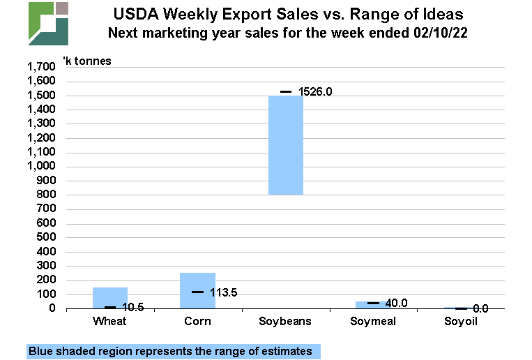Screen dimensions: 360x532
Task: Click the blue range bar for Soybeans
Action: pos(286,145)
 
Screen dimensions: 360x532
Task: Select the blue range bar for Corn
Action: pos(197,290)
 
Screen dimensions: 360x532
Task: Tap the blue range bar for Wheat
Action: pos(110,297)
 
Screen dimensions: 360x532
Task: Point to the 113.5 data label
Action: pos(223,292)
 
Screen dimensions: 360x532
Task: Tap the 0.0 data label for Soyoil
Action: pos(480,308)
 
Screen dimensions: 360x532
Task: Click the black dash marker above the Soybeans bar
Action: pos(286,91)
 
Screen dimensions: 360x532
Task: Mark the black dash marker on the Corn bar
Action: pos(197,292)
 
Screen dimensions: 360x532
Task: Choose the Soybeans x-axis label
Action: pos(285,322)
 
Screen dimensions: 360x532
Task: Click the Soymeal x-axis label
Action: pos(374,322)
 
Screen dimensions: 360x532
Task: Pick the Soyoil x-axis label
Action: pos(462,322)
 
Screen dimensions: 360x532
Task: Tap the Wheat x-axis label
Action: pos(109,322)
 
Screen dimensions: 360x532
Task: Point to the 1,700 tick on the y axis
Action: pos(40,67)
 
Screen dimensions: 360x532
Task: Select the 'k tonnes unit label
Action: pos(87,61)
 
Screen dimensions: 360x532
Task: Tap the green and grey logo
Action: pos(48,23)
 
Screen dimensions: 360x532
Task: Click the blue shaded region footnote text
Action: pos(170,351)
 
